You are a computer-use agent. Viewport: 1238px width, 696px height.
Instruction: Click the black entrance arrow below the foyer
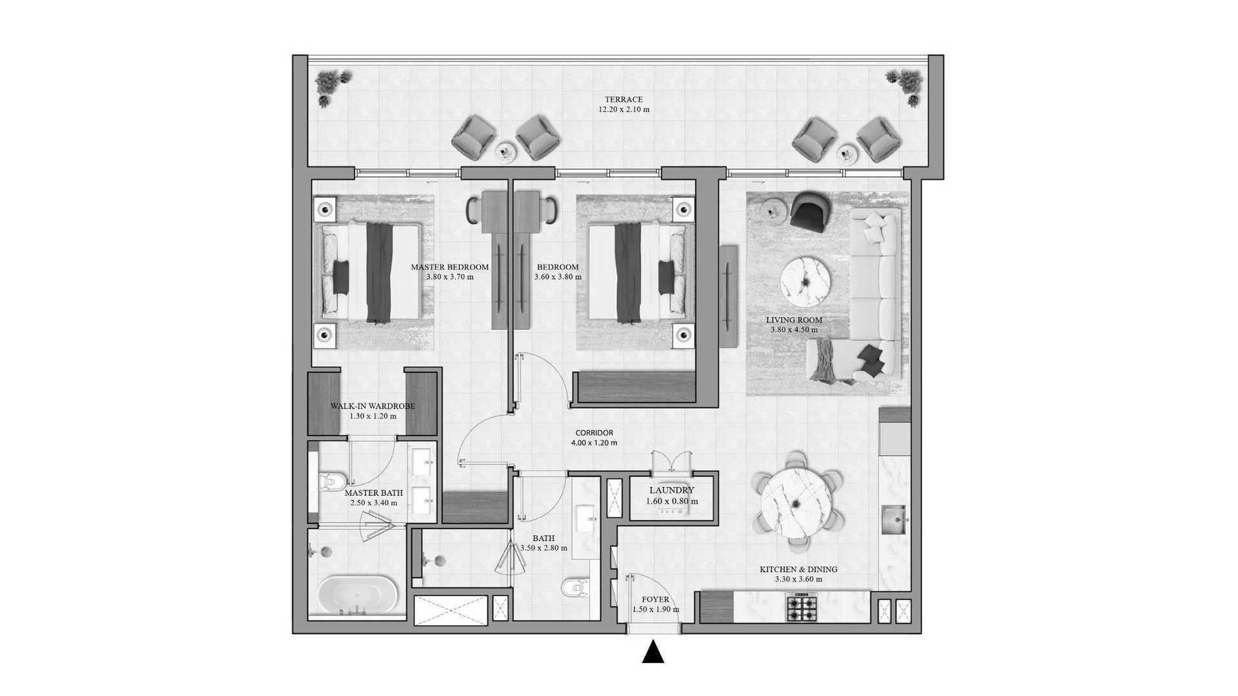click(x=653, y=652)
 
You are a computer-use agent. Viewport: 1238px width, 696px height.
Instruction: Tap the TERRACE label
click(x=624, y=99)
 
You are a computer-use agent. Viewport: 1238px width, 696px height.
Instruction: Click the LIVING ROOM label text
click(x=794, y=320)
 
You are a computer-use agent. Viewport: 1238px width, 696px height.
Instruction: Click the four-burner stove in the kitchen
click(x=801, y=608)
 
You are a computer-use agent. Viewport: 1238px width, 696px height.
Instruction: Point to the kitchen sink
click(x=894, y=520)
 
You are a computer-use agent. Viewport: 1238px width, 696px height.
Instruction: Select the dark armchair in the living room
click(x=811, y=211)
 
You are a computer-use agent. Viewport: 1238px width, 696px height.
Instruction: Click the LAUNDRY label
click(x=672, y=490)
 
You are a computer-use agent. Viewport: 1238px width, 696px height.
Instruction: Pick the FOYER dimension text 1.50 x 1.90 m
click(x=656, y=609)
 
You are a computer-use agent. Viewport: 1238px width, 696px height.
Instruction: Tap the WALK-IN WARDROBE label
click(x=373, y=406)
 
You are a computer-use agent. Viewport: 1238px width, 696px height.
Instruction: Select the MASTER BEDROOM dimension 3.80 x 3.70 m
click(x=450, y=276)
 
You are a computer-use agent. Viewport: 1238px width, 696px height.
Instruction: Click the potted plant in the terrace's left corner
click(x=332, y=86)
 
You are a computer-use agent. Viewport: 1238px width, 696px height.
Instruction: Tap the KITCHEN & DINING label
click(x=798, y=569)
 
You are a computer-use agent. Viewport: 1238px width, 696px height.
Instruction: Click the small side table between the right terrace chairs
click(x=847, y=154)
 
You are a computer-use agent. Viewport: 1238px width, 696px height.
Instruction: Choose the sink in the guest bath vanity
click(x=588, y=516)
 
